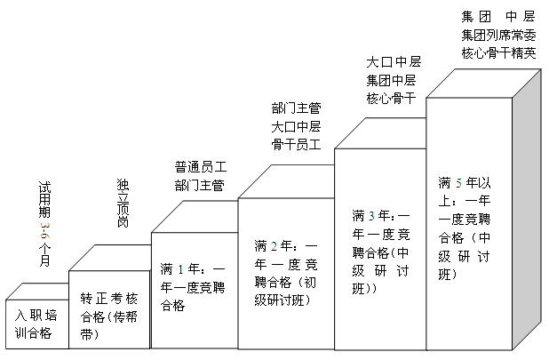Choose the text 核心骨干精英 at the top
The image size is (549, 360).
(x=498, y=52)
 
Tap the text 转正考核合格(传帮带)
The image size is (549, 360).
(x=111, y=306)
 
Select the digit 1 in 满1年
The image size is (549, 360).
(x=182, y=268)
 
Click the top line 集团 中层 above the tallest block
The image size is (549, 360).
(x=498, y=16)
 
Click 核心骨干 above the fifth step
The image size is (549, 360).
(x=392, y=98)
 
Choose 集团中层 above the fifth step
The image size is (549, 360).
(x=392, y=80)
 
